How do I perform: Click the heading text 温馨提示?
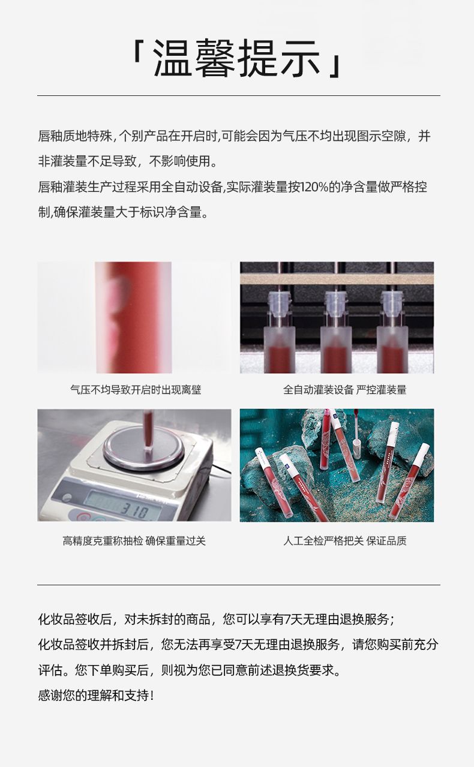pyautogui.click(x=236, y=58)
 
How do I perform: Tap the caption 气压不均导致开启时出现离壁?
pyautogui.click(x=136, y=390)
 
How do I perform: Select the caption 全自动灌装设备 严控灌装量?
pyautogui.click(x=344, y=390)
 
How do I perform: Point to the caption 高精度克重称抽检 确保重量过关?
pyautogui.click(x=134, y=541)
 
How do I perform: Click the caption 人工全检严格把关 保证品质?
pyautogui.click(x=344, y=541)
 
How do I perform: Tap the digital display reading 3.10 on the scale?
pyautogui.click(x=135, y=512)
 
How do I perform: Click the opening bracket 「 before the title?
pyautogui.click(x=138, y=52)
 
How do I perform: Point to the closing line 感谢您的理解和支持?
pyautogui.click(x=96, y=695)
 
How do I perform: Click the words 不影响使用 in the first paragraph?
pyautogui.click(x=179, y=161)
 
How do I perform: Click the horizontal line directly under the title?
pyautogui.click(x=239, y=95)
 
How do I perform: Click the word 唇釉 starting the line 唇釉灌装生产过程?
pyautogui.click(x=50, y=187)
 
